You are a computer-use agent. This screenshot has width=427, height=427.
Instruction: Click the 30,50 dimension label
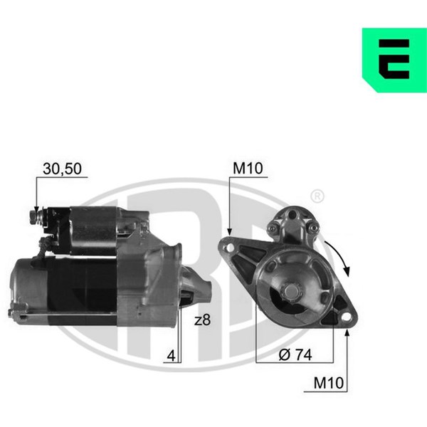(x=62, y=169)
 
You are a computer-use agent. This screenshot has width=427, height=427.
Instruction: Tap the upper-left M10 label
(x=248, y=168)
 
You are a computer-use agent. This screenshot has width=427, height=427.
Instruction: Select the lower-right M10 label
(x=329, y=383)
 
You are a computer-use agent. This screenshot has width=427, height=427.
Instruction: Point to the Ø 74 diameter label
(x=295, y=354)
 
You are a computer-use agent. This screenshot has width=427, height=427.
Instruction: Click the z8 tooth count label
(x=203, y=320)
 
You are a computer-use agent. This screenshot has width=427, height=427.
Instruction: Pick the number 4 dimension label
(x=171, y=355)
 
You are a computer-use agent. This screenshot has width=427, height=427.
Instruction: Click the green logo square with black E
(x=394, y=60)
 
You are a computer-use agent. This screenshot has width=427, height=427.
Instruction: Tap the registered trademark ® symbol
(x=317, y=196)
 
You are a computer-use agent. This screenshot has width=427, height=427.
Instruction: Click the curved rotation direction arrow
(x=339, y=258)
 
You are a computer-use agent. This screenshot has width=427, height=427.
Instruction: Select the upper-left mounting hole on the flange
(x=230, y=248)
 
